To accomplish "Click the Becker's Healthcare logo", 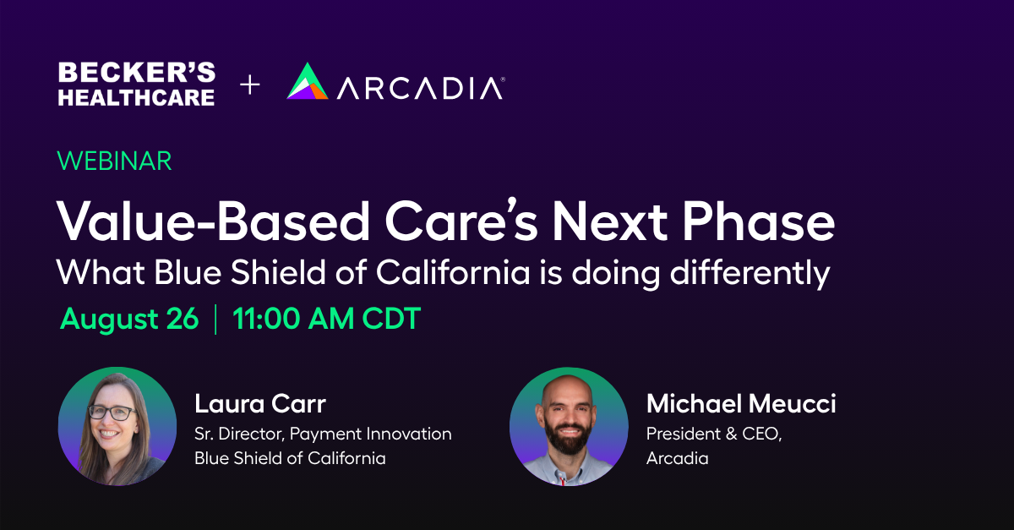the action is [x=137, y=85].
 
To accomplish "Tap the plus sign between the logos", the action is [x=250, y=85].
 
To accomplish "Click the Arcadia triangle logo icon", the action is [x=308, y=81].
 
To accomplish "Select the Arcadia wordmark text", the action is [x=421, y=87].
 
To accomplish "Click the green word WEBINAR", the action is [x=114, y=161].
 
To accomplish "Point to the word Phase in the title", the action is [x=758, y=222].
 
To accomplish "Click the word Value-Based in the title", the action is [x=213, y=221].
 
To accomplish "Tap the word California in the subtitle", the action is [x=453, y=273].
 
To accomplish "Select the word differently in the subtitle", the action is [x=750, y=274].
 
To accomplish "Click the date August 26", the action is [x=129, y=319].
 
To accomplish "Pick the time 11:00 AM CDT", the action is [x=327, y=319].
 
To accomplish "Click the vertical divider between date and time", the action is [x=215, y=320].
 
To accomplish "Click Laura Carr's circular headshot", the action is [x=117, y=426].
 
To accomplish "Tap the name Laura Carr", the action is [x=260, y=403].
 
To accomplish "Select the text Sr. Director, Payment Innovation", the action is [x=323, y=434].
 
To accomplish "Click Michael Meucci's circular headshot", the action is [x=569, y=426].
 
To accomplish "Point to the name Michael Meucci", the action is [x=741, y=403].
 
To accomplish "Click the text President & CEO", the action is [x=714, y=434].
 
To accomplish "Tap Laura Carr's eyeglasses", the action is [x=112, y=413].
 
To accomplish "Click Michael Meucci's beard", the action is [x=569, y=436].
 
